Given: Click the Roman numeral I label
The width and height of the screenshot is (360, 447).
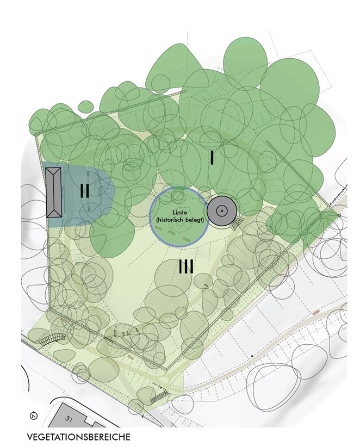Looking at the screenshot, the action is coord(212,158).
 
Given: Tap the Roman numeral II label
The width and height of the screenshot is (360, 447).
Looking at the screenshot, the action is coord(85,190).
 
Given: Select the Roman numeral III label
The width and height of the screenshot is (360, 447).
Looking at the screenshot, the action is coord(186,266).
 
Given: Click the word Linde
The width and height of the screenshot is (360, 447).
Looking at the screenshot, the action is coord(179,213).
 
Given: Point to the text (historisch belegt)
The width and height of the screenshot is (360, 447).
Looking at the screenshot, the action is coord(179,220).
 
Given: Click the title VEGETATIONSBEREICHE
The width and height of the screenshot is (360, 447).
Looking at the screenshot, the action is coord(78,437).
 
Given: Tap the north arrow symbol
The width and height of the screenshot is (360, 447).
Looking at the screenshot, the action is coord(34,415).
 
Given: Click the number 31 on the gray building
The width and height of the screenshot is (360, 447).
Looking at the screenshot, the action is coord(68,419).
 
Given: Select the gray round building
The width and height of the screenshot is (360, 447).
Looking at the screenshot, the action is coord(221,211).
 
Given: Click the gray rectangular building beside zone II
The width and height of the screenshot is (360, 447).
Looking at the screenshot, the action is coord(54,193).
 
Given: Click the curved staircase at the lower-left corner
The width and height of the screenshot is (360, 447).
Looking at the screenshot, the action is coord(52,339).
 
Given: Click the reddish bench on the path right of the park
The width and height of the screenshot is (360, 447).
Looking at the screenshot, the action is coord(316,313).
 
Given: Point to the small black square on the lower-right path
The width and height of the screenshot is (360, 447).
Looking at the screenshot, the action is coord(252,356).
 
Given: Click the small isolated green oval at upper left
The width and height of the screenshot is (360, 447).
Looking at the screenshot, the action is coord(85,107).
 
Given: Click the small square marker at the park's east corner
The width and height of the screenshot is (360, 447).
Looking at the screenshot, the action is coord(339,215).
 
